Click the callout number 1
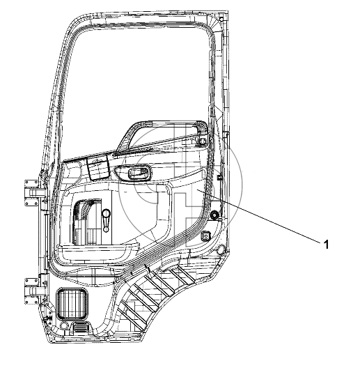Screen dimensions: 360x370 [326, 245]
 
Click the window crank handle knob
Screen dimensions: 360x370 [106, 213]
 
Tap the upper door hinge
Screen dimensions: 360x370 [32, 193]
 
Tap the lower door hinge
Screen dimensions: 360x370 [32, 291]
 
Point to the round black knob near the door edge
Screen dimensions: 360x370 [214, 215]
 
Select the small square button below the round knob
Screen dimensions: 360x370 [205, 236]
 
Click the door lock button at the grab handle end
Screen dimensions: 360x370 [203, 141]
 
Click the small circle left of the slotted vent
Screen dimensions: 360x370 [63, 326]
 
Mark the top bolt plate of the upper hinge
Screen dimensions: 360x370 [31, 183]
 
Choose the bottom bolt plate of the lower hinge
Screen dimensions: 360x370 [31, 300]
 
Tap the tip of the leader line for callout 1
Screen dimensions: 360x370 [198, 190]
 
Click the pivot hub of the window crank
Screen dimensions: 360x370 [106, 229]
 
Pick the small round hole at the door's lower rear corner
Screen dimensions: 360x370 [221, 249]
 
